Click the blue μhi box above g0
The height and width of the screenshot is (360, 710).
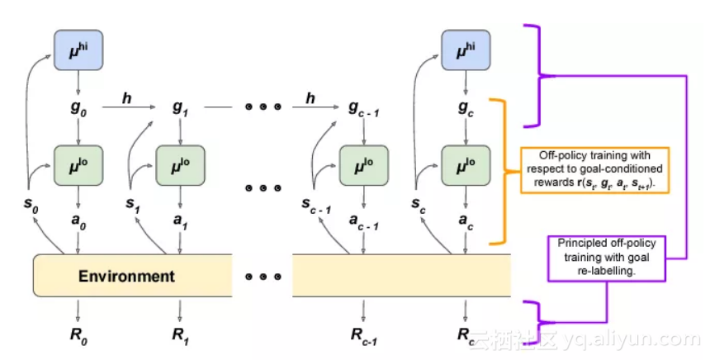coord(77,50)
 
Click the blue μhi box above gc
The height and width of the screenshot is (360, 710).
coord(465,50)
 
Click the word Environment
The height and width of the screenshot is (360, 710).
coord(126,276)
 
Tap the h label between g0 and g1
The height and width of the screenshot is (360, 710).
coord(126,98)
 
